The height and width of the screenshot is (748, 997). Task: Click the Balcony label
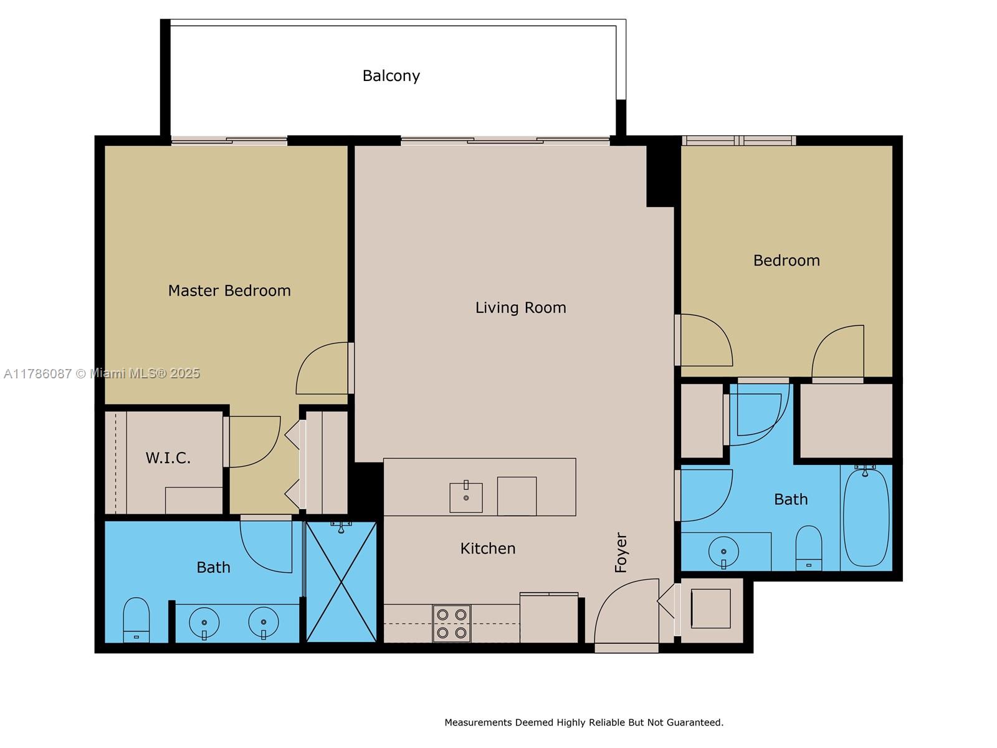pos(391,76)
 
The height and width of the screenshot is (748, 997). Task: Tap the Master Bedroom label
pos(229,290)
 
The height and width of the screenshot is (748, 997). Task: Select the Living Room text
pos(520,308)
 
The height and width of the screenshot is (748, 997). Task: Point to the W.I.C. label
pos(168,458)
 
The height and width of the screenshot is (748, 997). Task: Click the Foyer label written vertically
pos(621,552)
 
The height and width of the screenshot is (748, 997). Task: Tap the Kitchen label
pos(488,549)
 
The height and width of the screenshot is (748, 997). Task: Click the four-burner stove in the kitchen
pos(452,623)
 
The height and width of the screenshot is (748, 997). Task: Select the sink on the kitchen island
pos(466,497)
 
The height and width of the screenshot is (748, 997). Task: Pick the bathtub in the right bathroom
pos(866,517)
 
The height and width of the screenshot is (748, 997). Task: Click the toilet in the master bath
pos(136,620)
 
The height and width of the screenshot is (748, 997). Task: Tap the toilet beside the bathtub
pos(809,548)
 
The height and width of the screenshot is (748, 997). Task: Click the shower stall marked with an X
pos(341,582)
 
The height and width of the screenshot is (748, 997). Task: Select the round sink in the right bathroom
pos(723,552)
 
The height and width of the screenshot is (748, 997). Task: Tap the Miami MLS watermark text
pos(102,373)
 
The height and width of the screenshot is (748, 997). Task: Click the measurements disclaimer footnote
pos(584,722)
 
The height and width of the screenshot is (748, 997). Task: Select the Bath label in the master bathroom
pos(214,567)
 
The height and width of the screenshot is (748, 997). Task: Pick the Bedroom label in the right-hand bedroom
pos(787,261)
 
